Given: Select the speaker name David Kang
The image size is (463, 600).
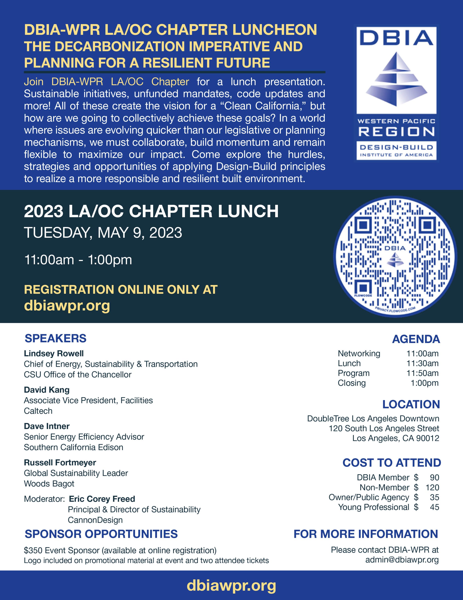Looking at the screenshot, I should [x=47, y=390].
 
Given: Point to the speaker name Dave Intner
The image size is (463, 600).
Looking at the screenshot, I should [x=47, y=426].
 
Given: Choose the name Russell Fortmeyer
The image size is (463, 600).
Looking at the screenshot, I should [x=60, y=462].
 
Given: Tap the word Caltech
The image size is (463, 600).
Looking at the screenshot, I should [x=38, y=411].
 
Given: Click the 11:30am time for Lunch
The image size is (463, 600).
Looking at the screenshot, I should [x=422, y=363].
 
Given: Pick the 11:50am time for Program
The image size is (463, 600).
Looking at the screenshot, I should [x=422, y=373].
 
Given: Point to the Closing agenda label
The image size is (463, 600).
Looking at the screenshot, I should [x=352, y=383].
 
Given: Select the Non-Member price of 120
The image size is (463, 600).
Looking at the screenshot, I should [x=432, y=487].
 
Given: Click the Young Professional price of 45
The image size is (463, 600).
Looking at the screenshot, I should [x=434, y=507].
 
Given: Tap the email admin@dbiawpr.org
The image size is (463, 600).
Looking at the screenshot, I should [x=402, y=560].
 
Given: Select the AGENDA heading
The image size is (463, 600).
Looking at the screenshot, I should [x=416, y=339].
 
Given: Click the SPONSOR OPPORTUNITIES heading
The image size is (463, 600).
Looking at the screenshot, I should [x=101, y=534].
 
